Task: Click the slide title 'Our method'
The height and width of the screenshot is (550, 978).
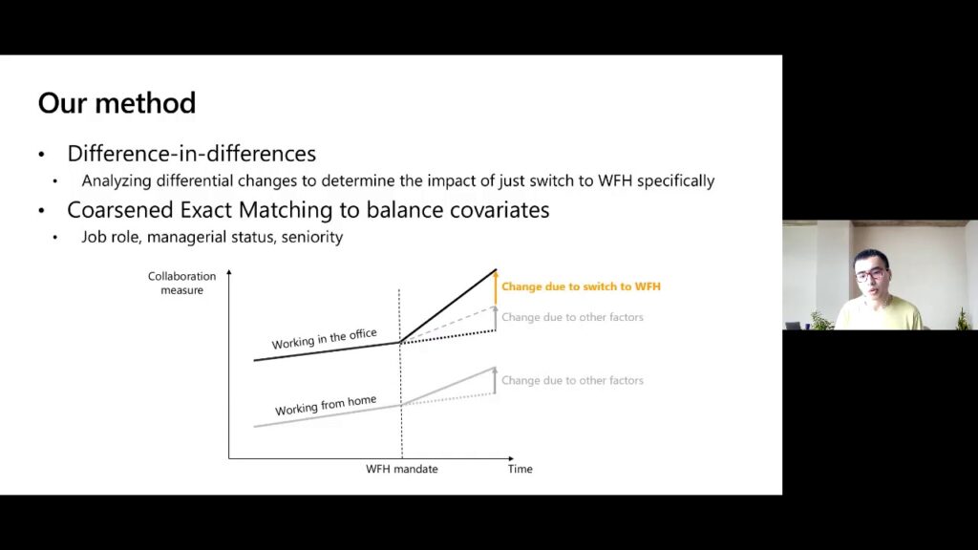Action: (117, 103)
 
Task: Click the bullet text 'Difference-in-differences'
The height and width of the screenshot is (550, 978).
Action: (191, 154)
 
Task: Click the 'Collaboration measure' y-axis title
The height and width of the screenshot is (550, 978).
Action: (181, 283)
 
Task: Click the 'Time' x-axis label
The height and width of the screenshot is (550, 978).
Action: (521, 469)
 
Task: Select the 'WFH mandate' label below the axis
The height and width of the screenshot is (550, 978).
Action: (402, 469)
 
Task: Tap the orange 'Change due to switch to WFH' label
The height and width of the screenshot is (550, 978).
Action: (581, 286)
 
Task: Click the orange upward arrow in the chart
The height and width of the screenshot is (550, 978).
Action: (496, 288)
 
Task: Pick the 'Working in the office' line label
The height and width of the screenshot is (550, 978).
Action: (325, 339)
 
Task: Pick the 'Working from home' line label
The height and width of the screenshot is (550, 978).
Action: (326, 405)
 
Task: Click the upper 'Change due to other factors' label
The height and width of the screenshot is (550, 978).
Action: (572, 317)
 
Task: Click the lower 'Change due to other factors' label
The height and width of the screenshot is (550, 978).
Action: (572, 380)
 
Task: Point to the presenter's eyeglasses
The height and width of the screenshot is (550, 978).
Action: (871, 274)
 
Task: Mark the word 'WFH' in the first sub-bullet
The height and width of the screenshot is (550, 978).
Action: (615, 180)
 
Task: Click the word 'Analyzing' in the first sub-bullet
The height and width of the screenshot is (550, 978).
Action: (117, 180)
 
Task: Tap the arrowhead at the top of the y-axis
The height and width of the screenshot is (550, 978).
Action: (229, 272)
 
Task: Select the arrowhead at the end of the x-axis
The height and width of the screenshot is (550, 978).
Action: (511, 458)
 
